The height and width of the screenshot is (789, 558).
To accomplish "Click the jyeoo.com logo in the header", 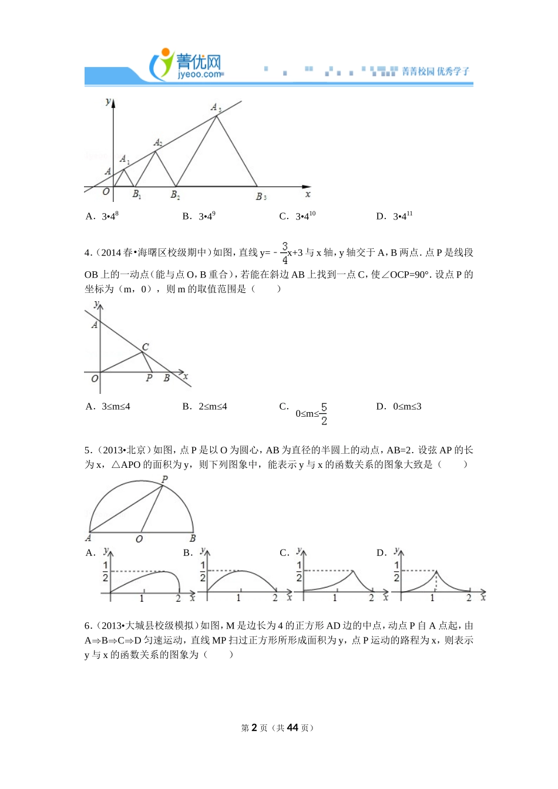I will [187, 65].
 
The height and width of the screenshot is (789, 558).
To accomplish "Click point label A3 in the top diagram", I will [216, 107].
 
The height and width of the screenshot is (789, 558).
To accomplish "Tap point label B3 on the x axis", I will [261, 197].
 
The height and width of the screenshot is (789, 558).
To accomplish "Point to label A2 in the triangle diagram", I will [157, 143].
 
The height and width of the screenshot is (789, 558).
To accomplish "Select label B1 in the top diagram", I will [136, 195].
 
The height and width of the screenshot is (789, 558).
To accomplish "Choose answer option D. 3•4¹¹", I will [394, 216].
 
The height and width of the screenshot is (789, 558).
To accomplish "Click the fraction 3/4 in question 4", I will [285, 252].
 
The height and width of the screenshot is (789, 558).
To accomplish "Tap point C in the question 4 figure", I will [145, 347].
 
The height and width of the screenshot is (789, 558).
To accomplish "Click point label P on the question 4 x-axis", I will [149, 378].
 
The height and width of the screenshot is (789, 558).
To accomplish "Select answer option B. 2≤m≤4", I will [205, 406].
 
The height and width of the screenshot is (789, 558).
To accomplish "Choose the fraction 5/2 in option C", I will [324, 414].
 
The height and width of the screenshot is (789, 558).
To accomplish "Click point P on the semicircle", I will [164, 480].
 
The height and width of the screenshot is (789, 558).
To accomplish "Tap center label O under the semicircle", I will [139, 539].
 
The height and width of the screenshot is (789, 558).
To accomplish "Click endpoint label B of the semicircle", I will [193, 538].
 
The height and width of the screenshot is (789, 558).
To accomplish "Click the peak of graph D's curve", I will [436, 571].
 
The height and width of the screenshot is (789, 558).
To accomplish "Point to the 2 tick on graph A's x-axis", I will [178, 598].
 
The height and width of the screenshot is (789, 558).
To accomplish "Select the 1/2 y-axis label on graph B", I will [203, 571].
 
